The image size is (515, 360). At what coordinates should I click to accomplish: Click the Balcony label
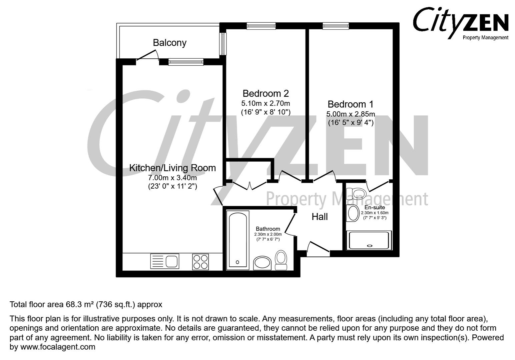click(169, 43)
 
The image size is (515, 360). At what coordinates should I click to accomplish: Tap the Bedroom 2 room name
click(266, 94)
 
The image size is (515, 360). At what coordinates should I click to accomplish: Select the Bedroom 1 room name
click(350, 104)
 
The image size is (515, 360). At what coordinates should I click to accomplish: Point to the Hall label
click(320, 217)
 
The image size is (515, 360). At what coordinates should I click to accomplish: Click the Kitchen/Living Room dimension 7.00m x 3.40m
click(172, 178)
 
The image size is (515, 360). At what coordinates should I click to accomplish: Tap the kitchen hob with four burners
click(200, 262)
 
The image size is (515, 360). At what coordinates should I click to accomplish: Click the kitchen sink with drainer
click(165, 261)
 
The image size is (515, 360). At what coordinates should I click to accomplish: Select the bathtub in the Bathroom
click(238, 240)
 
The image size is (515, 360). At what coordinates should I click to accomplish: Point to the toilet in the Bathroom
click(281, 260)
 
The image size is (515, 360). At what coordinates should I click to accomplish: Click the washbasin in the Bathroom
click(262, 263)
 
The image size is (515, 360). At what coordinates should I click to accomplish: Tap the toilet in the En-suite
click(356, 193)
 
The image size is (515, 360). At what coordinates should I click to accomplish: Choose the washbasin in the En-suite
click(353, 213)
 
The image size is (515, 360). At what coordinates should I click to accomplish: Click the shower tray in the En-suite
click(369, 240)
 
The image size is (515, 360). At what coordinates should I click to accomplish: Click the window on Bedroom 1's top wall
click(336, 26)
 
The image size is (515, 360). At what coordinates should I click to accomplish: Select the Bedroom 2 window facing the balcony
click(222, 44)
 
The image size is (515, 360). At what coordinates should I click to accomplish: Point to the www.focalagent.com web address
click(58, 347)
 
